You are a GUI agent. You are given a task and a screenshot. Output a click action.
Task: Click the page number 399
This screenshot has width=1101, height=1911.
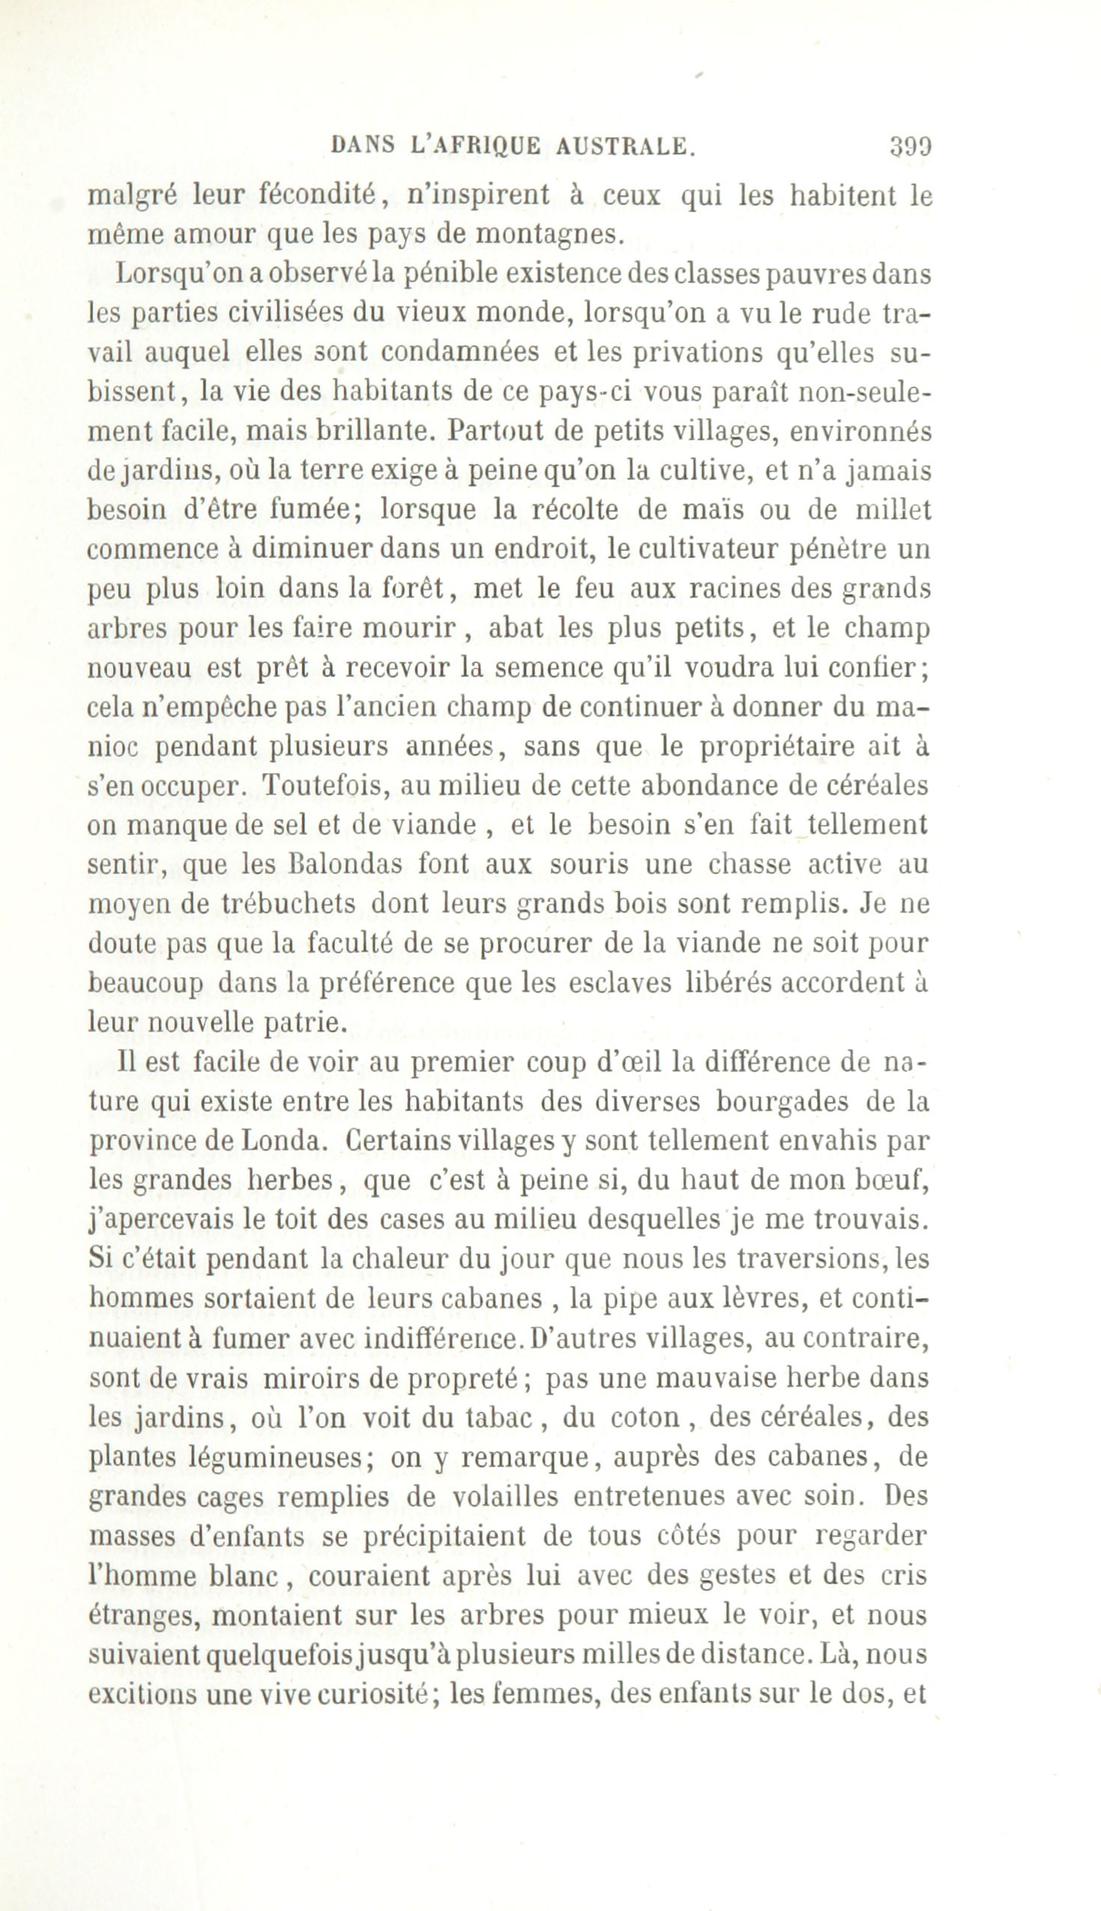coord(911,145)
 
